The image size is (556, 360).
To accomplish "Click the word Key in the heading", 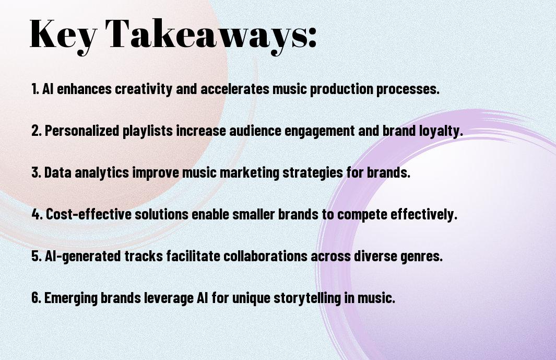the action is pyautogui.click(x=63, y=35).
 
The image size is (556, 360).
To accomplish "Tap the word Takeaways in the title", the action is pyautogui.click(x=206, y=35).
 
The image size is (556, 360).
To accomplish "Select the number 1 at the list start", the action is pyautogui.click(x=35, y=89).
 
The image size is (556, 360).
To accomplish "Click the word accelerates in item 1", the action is pyautogui.click(x=235, y=89).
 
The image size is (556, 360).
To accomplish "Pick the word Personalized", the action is pyautogui.click(x=82, y=131).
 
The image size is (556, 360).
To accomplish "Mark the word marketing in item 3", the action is pyautogui.click(x=250, y=172).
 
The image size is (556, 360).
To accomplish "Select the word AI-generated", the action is pyautogui.click(x=83, y=256).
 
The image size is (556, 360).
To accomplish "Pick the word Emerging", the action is pyautogui.click(x=71, y=298).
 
